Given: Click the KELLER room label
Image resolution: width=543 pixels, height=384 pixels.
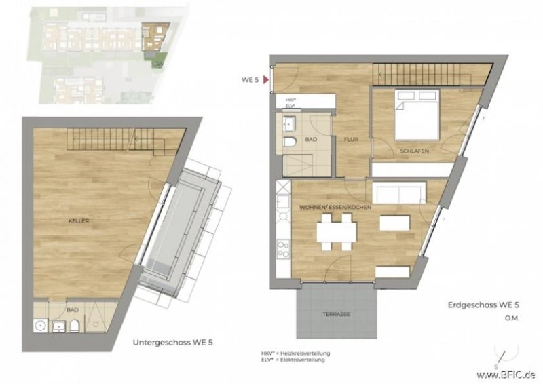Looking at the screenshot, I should pos(79,222).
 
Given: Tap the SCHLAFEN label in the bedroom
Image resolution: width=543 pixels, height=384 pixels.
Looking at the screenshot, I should pos(414,151).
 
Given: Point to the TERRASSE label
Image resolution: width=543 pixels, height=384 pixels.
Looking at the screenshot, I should pos(337,315).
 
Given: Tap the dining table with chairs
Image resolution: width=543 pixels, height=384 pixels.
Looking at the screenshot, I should pos(336,232).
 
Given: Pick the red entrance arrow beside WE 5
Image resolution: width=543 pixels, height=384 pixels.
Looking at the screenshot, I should pos(268,80).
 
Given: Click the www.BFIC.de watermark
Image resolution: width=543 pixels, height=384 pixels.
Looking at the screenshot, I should pos(506,375).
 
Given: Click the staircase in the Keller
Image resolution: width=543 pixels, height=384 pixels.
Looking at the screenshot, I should pos(115,140).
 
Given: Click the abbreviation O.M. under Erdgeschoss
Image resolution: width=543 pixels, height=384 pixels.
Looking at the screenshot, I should pos(511,318).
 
